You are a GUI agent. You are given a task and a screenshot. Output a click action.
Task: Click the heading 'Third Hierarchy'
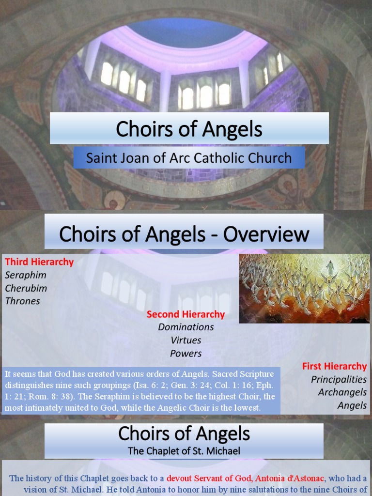click(x=39, y=262)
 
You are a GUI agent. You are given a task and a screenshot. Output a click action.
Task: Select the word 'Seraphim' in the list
click(x=26, y=275)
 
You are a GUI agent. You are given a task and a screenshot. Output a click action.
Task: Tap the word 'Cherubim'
click(x=26, y=288)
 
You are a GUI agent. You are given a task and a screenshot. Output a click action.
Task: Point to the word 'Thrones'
click(x=23, y=301)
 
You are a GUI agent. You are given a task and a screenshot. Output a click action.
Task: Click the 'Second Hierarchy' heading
click(x=186, y=314)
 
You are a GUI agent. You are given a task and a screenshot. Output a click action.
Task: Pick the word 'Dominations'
click(x=186, y=327)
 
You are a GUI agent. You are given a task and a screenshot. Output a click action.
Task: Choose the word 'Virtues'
click(x=186, y=340)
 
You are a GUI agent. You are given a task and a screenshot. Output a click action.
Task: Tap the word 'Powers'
click(x=186, y=353)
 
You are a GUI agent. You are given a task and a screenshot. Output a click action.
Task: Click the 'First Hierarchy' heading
click(x=334, y=366)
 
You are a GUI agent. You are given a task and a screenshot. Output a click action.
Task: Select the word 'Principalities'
click(x=339, y=379)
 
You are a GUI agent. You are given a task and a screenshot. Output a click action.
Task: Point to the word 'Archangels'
click(x=342, y=392)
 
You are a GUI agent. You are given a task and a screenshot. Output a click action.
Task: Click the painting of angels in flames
click(x=304, y=289)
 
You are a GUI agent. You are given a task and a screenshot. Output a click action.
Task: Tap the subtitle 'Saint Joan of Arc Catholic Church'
click(x=189, y=158)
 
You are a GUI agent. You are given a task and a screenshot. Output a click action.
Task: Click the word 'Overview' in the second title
click(x=266, y=234)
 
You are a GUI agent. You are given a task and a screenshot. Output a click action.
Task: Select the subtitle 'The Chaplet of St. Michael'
click(x=184, y=451)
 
